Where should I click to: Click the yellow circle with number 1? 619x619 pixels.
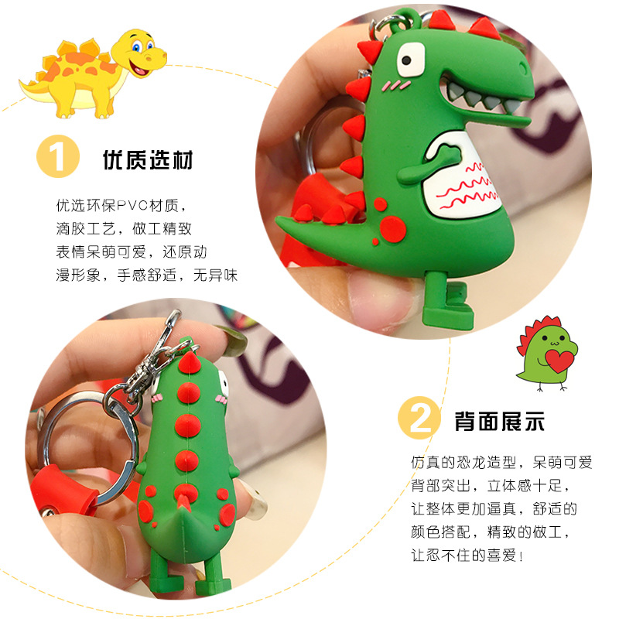point(58,158)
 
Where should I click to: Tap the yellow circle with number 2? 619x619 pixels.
point(419,419)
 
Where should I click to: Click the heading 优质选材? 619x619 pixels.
point(148,160)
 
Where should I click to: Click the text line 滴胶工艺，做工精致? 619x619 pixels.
point(124,230)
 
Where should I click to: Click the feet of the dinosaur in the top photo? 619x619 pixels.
point(449,306)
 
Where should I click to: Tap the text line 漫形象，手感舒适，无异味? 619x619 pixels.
point(146,275)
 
